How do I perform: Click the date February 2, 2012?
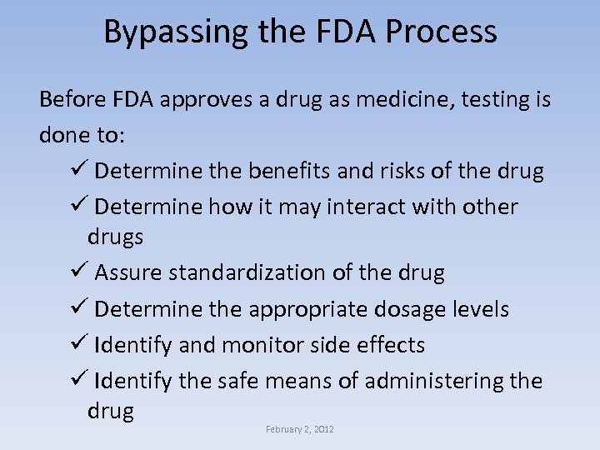300,429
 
